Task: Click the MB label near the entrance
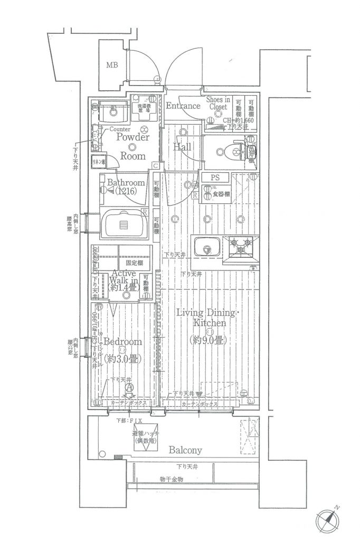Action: (111, 66)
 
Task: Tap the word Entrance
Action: (183, 106)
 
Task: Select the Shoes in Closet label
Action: (217, 103)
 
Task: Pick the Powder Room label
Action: (132, 146)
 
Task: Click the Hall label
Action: (182, 147)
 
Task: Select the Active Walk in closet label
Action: (122, 281)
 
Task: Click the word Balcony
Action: (185, 451)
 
